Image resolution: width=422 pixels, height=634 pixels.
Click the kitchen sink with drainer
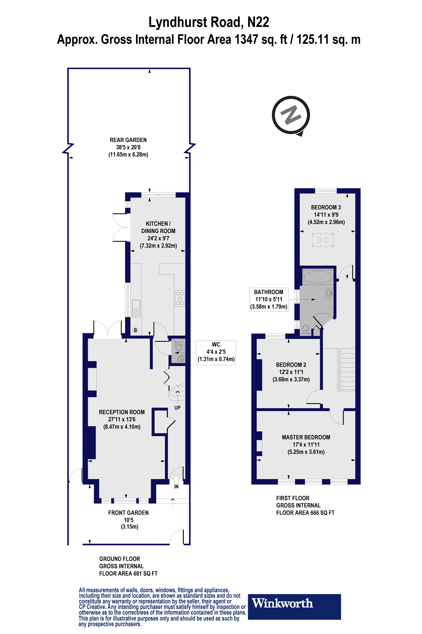(x=136, y=308)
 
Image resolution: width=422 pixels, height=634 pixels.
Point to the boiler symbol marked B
(x=135, y=330)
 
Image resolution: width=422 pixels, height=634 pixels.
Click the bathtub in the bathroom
(x=318, y=277)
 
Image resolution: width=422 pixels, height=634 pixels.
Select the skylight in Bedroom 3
(x=323, y=240)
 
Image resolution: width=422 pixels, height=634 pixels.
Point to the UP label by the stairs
(x=177, y=408)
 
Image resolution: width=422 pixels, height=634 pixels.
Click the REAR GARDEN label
(x=128, y=140)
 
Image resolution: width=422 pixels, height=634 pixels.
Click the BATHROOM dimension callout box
(x=269, y=299)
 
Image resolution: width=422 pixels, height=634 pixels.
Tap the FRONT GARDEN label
(x=128, y=513)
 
